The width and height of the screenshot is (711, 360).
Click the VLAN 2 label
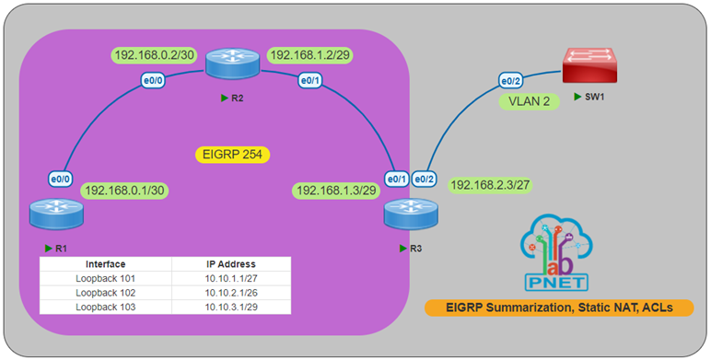529,101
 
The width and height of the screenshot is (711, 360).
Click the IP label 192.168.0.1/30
126,191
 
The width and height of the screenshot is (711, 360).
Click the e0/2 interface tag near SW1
511,80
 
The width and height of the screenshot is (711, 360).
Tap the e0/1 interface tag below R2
309,80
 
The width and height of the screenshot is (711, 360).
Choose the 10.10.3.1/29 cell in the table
231,307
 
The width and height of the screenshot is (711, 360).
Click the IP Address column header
231,263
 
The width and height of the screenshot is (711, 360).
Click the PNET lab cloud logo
558,257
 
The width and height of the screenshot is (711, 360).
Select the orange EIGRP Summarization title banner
559,308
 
